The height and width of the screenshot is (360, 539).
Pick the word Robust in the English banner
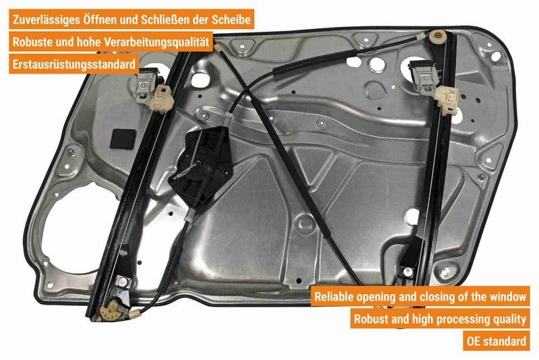369,318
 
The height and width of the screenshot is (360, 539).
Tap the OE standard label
496,340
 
